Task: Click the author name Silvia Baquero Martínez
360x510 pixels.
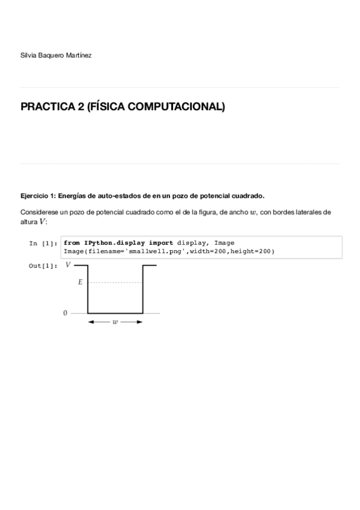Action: pos(56,55)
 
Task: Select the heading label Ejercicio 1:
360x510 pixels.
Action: pos(38,195)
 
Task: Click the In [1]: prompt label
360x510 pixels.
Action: pos(43,244)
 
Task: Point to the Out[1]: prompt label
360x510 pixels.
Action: pos(43,265)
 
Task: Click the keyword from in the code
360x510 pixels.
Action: pos(72,243)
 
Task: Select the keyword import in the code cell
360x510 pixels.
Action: pos(160,243)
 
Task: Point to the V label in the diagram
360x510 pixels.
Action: pos(68,265)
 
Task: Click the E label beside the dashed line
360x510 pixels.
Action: pos(80,281)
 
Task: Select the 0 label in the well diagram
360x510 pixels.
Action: pos(65,313)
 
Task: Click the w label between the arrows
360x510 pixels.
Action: pos(115,322)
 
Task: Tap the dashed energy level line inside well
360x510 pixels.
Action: pos(115,281)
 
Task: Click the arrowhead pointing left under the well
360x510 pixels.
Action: pos(91,322)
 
